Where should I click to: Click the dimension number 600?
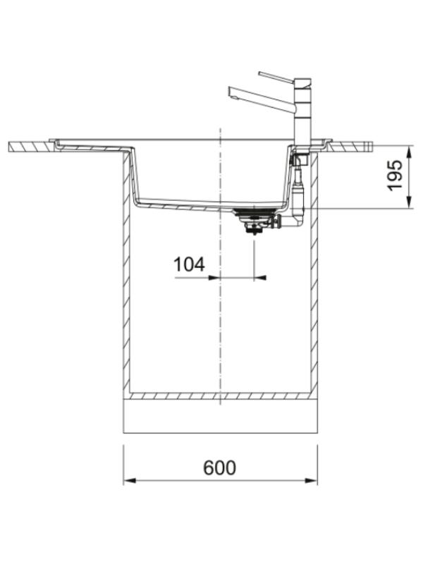point(219,467)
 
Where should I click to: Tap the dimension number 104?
point(189,264)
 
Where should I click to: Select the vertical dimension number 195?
point(394,175)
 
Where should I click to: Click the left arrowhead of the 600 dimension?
point(130,481)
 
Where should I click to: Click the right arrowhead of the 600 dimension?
point(311,481)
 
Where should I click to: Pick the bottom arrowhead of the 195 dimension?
point(410,202)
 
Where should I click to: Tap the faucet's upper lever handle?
point(276,77)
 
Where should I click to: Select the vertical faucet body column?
point(302,112)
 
